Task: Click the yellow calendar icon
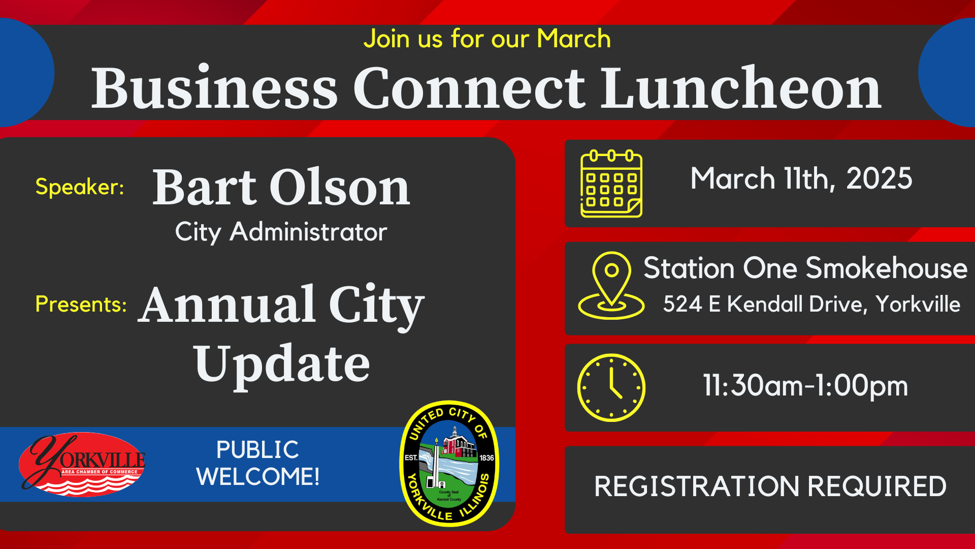tap(611, 184)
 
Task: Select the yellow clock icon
tap(611, 387)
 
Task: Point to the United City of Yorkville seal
tap(449, 464)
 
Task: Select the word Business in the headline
tap(214, 87)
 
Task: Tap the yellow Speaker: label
tap(80, 187)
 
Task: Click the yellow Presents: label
tap(81, 304)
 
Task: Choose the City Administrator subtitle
tap(281, 232)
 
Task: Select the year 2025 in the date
tap(879, 178)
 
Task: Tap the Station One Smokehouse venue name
tap(805, 268)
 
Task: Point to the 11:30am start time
tap(753, 385)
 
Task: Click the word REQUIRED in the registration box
tap(877, 486)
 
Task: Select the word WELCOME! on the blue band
tap(258, 477)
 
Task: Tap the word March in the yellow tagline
tap(574, 39)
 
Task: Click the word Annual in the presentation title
tap(227, 304)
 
